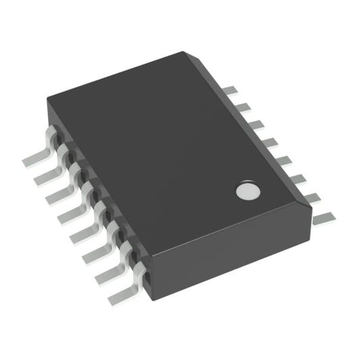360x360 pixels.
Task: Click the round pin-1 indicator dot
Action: [x=248, y=191]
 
